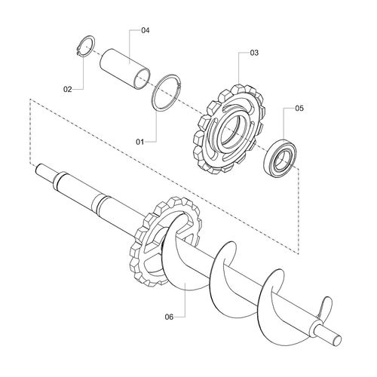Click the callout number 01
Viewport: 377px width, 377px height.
139,142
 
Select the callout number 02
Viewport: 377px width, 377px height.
67,89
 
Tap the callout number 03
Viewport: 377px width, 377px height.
254,53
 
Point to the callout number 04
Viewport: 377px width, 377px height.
146,30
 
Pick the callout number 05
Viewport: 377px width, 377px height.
299,109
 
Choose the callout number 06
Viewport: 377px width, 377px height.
169,317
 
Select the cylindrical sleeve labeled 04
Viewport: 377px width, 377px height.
125,69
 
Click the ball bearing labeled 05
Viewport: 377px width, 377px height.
280,158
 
